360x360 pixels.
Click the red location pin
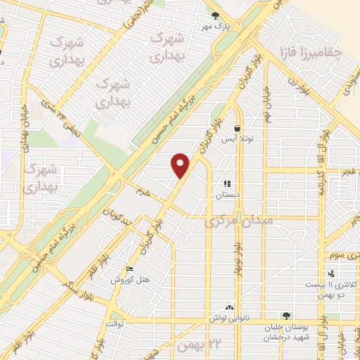pos(181,166)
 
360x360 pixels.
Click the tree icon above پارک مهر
pos(215,14)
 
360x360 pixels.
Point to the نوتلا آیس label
pos(237,139)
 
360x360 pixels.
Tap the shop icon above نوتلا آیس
pos(238,129)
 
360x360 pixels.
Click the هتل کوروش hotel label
pos(131,280)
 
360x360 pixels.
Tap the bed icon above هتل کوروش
pos(128,269)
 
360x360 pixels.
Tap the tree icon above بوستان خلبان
pos(285,316)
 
